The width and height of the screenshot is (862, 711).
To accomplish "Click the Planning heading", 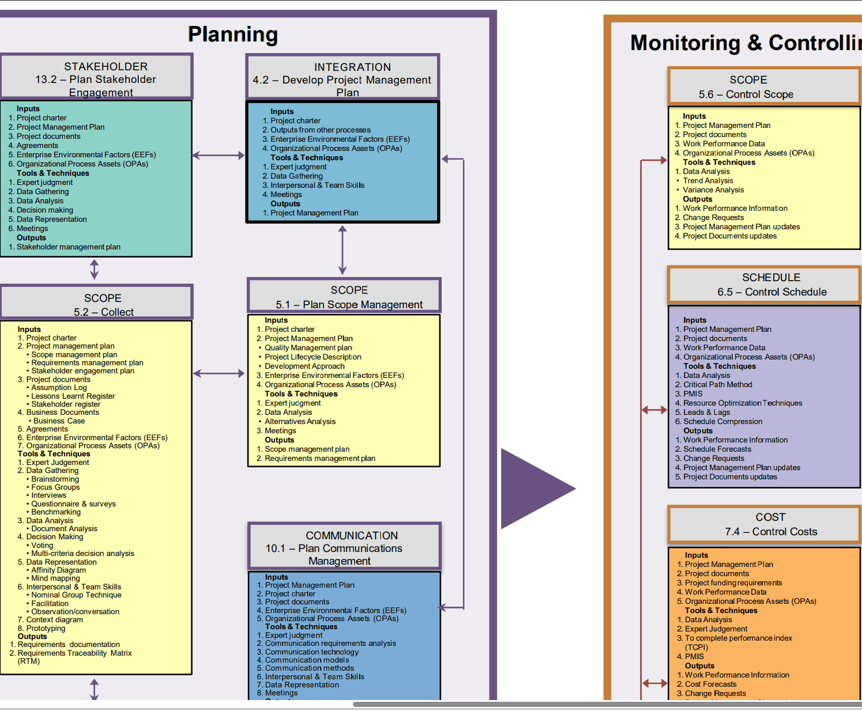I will click(233, 35).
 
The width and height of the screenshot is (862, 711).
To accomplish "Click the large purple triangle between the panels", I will click(533, 489).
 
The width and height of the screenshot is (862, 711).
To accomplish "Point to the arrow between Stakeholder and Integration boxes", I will click(219, 155).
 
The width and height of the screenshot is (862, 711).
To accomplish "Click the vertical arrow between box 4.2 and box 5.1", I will click(342, 249).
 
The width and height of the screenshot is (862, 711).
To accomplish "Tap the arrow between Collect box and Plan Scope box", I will click(219, 373).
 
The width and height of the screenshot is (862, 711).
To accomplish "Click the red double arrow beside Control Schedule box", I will click(654, 410).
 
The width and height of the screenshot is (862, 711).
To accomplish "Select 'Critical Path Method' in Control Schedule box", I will click(717, 384).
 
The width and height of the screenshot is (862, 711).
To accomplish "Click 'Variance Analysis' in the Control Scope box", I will click(713, 190).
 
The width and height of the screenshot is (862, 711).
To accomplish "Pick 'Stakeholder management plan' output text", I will click(69, 247).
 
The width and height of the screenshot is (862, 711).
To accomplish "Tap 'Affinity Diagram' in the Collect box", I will click(59, 570).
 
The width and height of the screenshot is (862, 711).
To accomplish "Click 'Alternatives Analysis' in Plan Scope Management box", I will click(300, 421).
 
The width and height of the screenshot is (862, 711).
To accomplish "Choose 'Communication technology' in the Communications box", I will click(312, 652).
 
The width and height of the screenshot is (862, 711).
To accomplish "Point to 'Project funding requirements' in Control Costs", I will click(733, 583).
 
